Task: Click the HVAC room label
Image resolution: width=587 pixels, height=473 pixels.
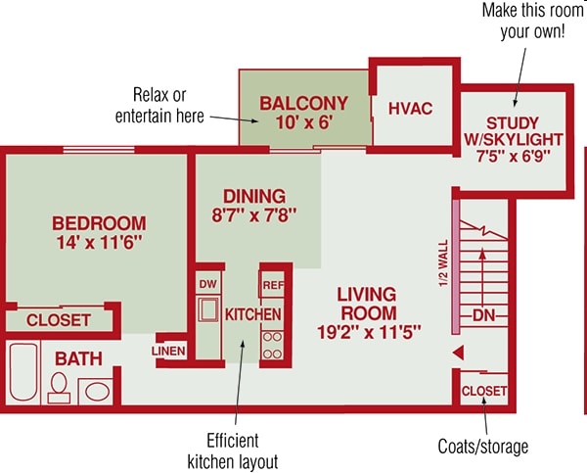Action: [x=410, y=109]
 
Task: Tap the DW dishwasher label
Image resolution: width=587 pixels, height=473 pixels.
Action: [x=207, y=284]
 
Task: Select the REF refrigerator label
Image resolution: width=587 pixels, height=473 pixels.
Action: [x=273, y=285]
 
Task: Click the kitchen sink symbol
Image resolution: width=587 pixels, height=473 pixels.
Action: [x=208, y=308]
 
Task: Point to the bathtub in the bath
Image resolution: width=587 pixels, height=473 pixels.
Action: [x=23, y=371]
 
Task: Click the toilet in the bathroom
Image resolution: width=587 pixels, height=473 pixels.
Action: [x=59, y=388]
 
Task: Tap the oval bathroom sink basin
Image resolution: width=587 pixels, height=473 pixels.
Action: [x=97, y=392]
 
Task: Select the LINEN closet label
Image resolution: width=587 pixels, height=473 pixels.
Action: [x=168, y=351]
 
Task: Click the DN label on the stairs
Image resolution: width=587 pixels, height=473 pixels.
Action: [x=483, y=315]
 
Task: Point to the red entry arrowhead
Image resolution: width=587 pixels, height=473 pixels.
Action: [x=459, y=353]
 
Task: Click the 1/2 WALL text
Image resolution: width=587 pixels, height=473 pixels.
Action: [x=443, y=263]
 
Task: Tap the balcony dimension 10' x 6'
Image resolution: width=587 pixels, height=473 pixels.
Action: [x=304, y=122]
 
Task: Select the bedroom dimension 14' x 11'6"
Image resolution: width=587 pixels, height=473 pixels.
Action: [x=100, y=243]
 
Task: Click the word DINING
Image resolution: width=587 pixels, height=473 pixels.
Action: [x=254, y=197]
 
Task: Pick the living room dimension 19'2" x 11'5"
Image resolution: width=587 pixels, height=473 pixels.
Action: [x=369, y=332]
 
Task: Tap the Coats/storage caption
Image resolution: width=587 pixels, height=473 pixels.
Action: [x=483, y=447]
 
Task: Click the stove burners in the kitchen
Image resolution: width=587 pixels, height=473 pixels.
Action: [x=272, y=345]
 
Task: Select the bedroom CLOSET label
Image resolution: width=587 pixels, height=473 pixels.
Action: [x=59, y=320]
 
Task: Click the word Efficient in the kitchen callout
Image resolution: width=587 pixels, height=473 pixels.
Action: [x=233, y=441]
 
